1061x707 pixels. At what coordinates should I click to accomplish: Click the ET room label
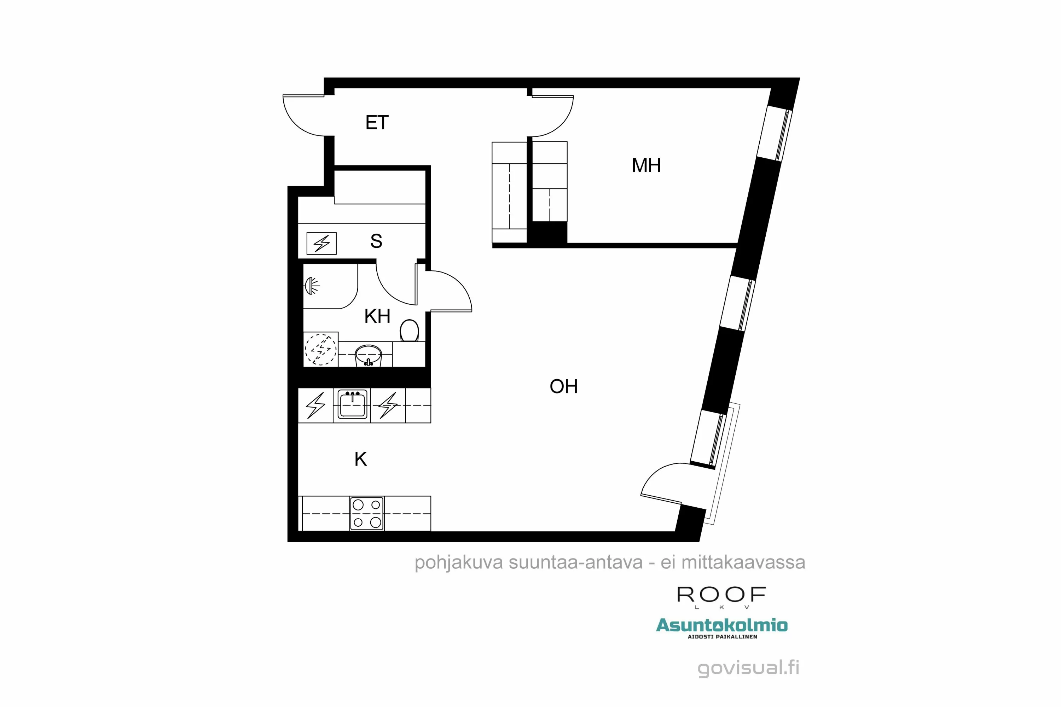[377, 123]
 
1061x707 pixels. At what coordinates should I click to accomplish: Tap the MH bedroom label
[646, 165]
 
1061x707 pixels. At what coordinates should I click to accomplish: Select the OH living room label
[563, 386]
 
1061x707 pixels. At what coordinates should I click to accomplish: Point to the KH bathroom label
[377, 316]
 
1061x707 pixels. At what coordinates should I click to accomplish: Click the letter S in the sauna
[376, 241]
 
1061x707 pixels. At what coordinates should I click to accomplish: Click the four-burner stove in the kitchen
[367, 514]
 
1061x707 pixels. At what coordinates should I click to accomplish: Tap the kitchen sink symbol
[352, 404]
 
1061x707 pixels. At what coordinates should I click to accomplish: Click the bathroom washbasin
[368, 355]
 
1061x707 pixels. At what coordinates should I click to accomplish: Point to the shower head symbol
[311, 285]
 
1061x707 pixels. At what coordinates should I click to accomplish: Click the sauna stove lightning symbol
[321, 244]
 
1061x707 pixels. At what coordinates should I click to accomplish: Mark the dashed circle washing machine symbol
[321, 350]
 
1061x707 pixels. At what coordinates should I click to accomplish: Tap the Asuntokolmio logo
[721, 625]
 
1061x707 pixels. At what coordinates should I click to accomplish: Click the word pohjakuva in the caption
[458, 563]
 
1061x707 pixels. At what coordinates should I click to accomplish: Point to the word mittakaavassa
[743, 562]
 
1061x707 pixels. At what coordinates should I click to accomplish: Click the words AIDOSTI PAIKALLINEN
[722, 637]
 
